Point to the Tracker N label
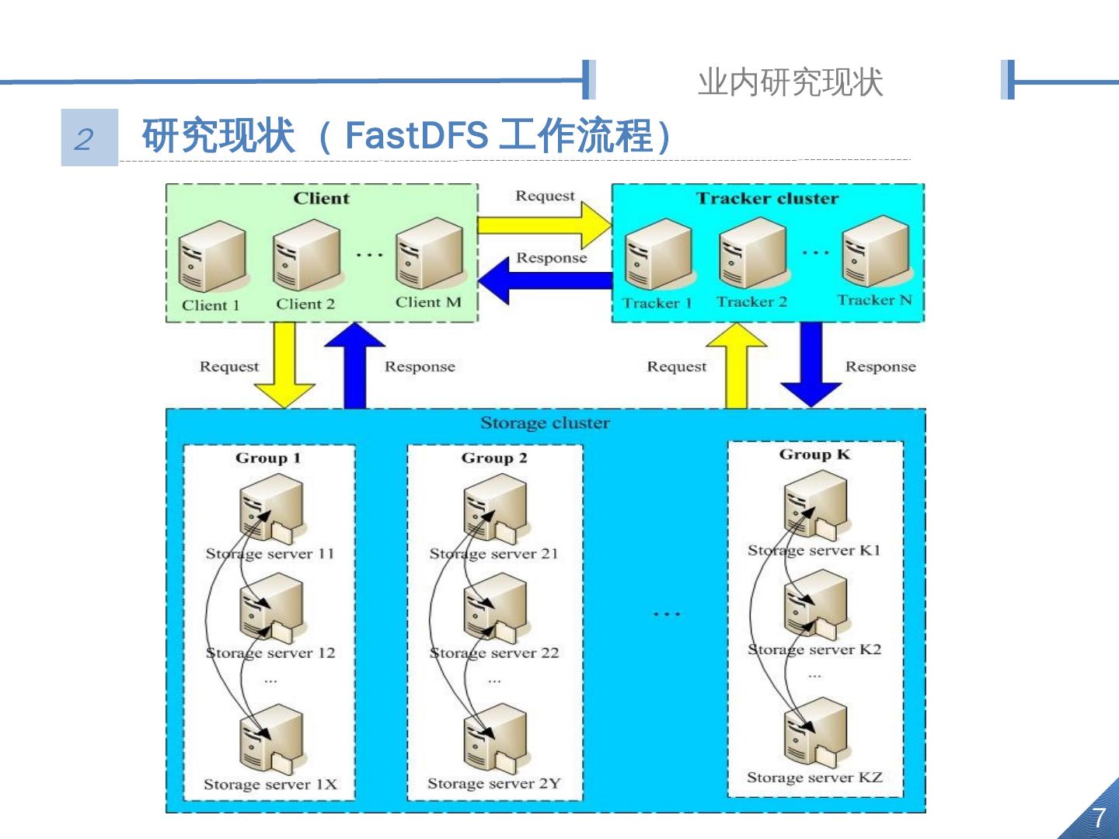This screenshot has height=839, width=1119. pyautogui.click(x=874, y=300)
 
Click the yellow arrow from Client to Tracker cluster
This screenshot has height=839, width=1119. pyautogui.click(x=544, y=225)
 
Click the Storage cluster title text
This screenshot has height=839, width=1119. pyautogui.click(x=545, y=423)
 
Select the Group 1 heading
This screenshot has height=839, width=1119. pyautogui.click(x=268, y=458)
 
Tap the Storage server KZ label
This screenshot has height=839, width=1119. pyautogui.click(x=814, y=777)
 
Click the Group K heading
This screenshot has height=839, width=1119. pyautogui.click(x=814, y=454)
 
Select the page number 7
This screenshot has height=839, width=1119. pyautogui.click(x=1098, y=817)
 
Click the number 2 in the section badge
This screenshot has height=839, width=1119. pyautogui.click(x=84, y=139)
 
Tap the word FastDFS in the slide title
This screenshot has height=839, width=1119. pyautogui.click(x=416, y=135)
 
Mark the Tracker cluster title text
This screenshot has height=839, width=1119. pyautogui.click(x=767, y=198)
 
